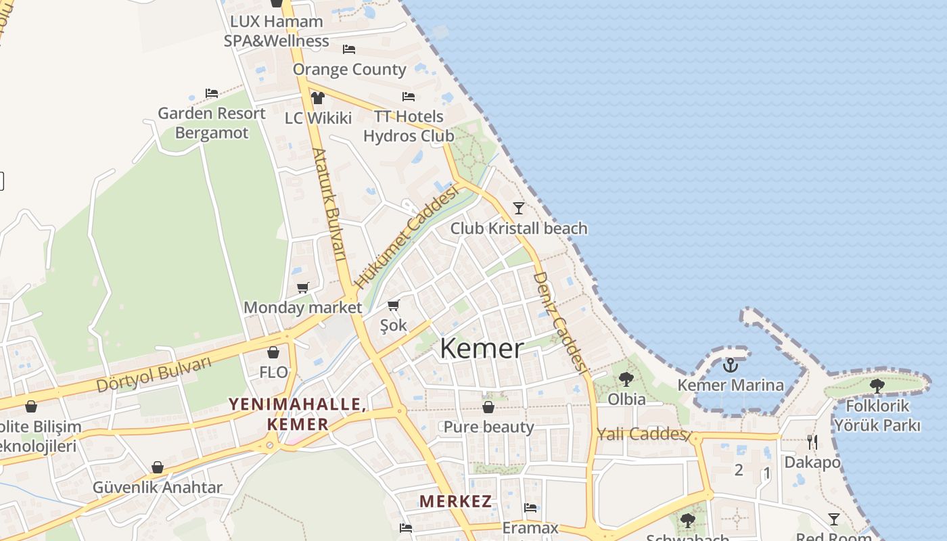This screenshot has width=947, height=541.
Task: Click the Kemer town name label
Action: point(482,349)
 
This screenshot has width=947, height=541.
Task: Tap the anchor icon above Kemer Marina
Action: point(730,366)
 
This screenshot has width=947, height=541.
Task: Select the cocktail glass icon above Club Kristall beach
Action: point(519,208)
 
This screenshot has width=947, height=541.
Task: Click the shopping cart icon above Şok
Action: point(394,306)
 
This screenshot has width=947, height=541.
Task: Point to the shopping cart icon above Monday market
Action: point(303,288)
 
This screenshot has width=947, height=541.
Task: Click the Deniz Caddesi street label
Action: point(559,322)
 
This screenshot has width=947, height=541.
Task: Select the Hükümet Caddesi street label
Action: point(407,237)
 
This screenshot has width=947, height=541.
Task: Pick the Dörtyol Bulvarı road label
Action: point(154,374)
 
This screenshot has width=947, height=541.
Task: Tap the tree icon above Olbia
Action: point(626,379)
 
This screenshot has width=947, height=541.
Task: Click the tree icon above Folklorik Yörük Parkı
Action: point(877,386)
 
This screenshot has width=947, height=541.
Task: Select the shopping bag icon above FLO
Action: point(273,352)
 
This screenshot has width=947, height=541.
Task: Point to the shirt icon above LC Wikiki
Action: point(318,98)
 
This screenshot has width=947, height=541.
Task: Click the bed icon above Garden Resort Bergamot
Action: point(212,93)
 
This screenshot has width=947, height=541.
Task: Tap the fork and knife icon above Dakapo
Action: point(812,442)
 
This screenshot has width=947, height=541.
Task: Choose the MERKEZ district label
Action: point(455,502)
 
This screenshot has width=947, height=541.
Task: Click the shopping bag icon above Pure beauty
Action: point(488,407)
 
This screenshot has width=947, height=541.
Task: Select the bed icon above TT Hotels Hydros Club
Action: point(409,97)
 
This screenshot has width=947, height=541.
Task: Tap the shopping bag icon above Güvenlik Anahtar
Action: point(158,467)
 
